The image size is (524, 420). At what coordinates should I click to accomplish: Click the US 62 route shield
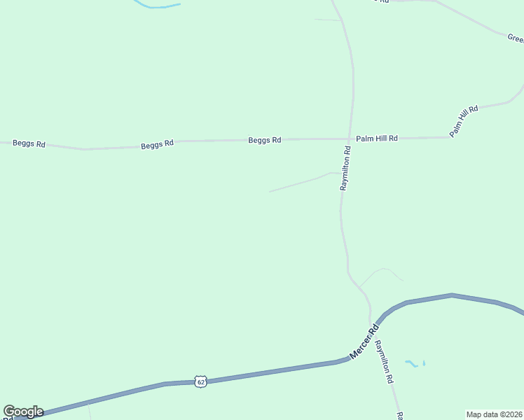(201, 381)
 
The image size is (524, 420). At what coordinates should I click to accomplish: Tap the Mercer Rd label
(364, 342)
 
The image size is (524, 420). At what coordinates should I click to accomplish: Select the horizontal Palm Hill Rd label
(376, 139)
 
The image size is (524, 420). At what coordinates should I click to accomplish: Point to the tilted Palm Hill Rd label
(464, 120)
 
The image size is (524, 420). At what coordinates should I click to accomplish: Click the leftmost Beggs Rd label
(29, 143)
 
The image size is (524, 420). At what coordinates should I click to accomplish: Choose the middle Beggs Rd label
(157, 145)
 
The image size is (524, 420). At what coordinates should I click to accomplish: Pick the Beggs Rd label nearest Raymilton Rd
(264, 140)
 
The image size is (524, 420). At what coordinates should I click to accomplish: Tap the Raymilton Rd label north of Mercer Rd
(345, 169)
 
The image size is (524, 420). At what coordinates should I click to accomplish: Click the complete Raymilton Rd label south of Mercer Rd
(384, 361)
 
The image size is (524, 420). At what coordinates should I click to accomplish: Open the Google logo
(23, 412)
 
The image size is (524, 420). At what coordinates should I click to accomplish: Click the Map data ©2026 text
(495, 414)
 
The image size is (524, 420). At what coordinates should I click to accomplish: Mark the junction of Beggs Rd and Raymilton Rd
(349, 139)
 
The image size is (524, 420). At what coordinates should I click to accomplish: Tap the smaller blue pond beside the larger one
(425, 363)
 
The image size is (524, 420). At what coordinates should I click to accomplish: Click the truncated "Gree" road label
(516, 38)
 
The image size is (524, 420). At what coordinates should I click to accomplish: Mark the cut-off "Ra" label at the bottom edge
(400, 416)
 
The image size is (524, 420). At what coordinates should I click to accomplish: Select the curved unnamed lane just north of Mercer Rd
(382, 269)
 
